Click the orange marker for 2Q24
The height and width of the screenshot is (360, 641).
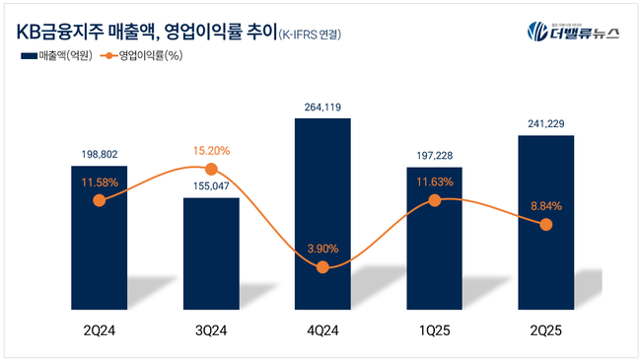tap(99, 201)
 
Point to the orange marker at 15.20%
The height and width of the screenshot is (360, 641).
tap(210, 171)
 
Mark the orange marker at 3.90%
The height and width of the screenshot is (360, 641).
tap(322, 267)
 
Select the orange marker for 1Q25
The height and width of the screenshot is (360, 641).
tap(434, 201)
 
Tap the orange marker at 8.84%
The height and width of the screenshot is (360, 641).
tap(546, 225)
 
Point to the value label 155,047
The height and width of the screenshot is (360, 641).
tap(210, 184)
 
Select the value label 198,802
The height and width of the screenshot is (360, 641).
tap(99, 153)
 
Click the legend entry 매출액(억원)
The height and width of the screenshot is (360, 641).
tap(56, 55)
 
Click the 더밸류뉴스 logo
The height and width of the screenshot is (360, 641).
tap(571, 31)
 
